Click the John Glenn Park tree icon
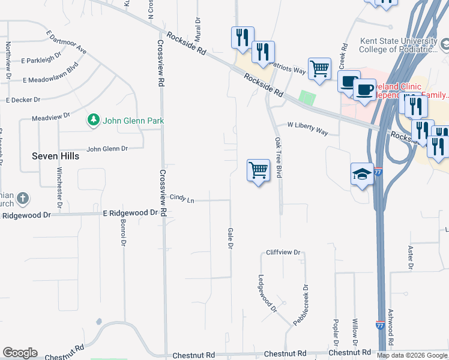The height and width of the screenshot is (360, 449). coord(93,121)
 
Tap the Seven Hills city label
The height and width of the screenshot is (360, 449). coord(55,156)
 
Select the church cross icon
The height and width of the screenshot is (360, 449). coord(22,198)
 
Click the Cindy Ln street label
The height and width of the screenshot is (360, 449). coord(182,197)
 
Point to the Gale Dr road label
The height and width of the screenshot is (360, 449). coord(230,239)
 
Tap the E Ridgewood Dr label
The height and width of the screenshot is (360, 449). coord(130,213)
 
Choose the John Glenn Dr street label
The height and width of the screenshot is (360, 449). coord(107,149)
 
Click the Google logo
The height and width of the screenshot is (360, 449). coord(20,353)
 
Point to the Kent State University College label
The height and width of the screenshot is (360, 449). coord(399,45)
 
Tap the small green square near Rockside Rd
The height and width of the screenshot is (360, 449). coord(307,98)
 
